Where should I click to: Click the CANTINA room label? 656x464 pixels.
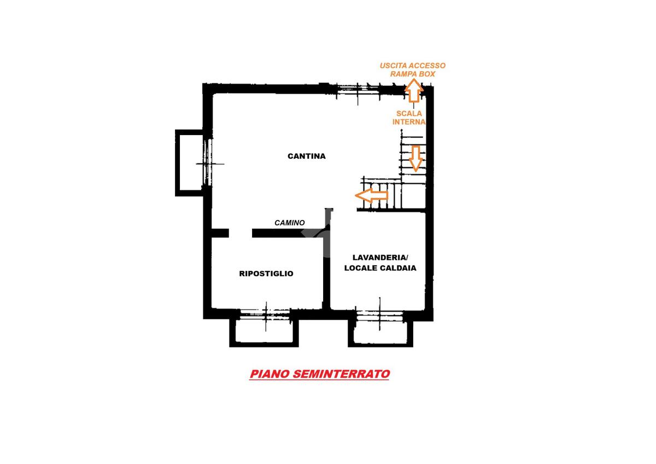(306, 156)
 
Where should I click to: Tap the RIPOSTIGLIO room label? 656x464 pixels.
(266, 274)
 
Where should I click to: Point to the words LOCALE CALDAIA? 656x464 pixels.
(380, 268)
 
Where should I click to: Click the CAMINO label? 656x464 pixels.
(289, 223)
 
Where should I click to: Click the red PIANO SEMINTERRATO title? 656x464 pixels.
(319, 374)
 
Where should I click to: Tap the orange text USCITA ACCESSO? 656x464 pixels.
(413, 66)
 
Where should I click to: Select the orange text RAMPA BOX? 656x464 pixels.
(413, 73)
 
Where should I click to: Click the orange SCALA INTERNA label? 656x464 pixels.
(409, 118)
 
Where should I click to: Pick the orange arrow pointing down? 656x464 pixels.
(416, 158)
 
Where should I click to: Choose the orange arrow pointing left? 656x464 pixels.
(371, 195)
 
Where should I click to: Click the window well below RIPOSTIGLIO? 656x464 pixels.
(264, 332)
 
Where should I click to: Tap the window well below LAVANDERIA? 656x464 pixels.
(380, 332)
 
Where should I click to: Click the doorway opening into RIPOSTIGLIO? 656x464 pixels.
(241, 233)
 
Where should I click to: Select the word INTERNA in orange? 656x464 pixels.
(409, 122)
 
